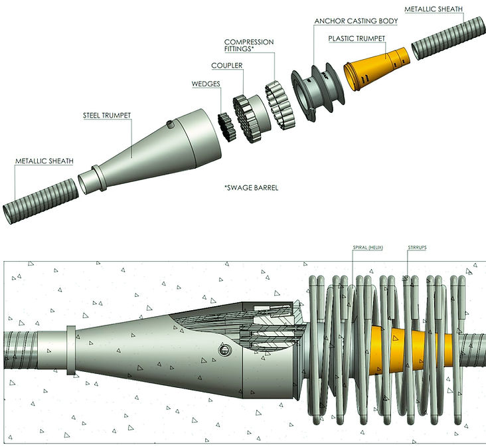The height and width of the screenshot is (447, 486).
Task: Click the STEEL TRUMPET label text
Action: tap(106, 116)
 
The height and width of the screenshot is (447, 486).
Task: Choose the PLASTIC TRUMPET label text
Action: tap(356, 39)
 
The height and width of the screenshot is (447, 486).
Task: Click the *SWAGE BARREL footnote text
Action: tap(251, 188)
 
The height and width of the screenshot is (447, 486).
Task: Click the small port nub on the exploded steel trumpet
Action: tap(171, 124)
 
